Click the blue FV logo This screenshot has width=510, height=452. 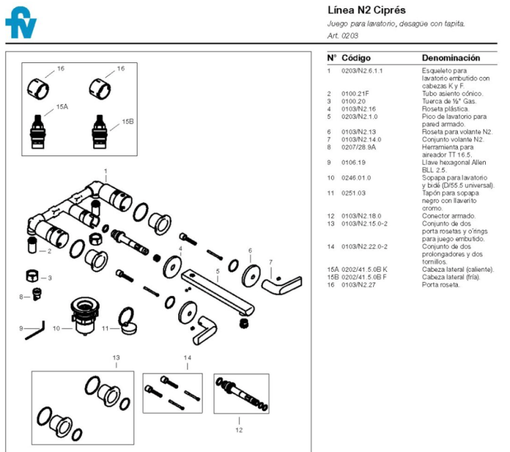pos(20,23)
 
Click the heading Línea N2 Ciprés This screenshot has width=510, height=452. pos(367,10)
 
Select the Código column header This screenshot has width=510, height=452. pos(356,58)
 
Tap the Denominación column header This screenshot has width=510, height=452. pos(451,58)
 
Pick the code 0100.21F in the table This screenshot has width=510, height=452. pos(355,94)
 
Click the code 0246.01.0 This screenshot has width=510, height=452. pos(356,178)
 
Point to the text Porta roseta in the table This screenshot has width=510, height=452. pos(441,285)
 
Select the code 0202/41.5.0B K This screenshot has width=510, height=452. pos(364,269)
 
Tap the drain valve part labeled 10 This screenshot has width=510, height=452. pos(85,315)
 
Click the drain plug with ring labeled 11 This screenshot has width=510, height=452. pos(128,321)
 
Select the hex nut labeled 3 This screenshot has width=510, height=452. pos(32,276)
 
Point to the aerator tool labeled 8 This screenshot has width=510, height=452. pos(37,293)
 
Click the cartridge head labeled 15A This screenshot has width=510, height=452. pos(38,132)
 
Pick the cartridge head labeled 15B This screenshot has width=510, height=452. pos(99,132)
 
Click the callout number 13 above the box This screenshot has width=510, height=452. pos(116,357)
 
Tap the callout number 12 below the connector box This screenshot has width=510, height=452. pos(239,430)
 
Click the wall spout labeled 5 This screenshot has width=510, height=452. pos(218,292)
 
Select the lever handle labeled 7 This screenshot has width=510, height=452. pos(281,285)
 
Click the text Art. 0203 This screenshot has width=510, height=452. pos(343,36)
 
